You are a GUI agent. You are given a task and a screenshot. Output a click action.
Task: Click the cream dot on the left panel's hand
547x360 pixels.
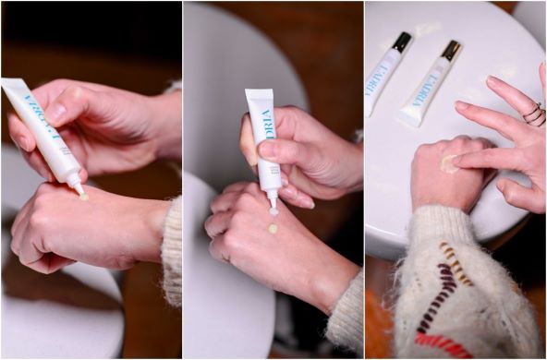84,196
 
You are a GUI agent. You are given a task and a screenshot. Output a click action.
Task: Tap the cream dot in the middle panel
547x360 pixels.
273,228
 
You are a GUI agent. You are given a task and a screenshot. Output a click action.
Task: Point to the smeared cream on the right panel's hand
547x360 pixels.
449,163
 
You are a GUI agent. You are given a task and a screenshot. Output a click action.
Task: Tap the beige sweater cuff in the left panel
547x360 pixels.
171,249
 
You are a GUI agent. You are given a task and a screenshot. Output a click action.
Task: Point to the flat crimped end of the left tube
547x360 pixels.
13,90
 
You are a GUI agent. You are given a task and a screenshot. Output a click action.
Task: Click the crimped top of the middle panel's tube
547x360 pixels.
260,94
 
